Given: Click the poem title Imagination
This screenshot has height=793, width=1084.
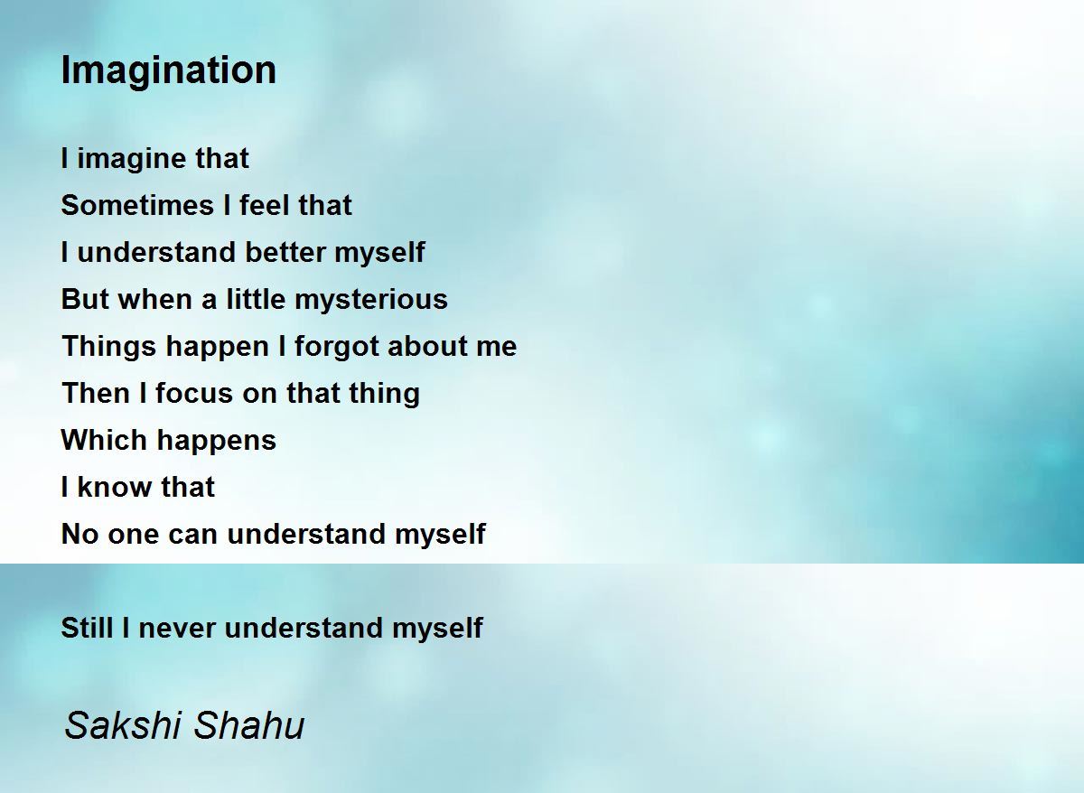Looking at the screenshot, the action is (x=168, y=71).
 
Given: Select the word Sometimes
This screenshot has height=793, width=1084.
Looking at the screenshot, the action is (x=137, y=205).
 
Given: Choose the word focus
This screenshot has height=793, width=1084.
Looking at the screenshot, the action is (x=194, y=393).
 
